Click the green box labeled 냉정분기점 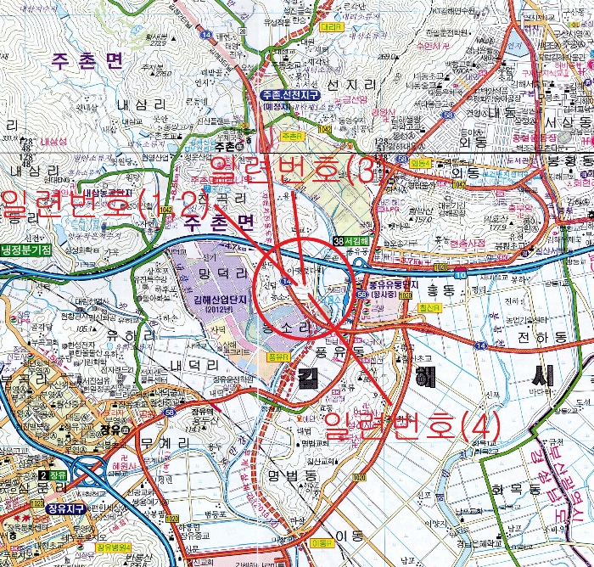pyautogui.click(x=25, y=250)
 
